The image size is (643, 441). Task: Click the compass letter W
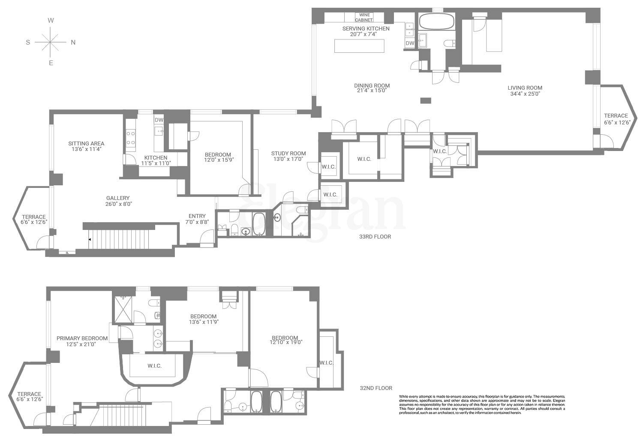[x=51, y=21]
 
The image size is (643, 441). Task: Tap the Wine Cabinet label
[x=364, y=18]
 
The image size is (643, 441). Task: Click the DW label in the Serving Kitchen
[x=410, y=43]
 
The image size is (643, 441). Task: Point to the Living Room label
[x=526, y=88]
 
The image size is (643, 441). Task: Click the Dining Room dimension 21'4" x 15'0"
[x=372, y=91]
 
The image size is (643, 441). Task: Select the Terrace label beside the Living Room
[x=616, y=116]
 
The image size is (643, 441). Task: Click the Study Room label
[x=288, y=154]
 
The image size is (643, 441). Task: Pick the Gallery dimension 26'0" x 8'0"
[x=118, y=204]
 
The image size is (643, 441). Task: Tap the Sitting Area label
[x=86, y=144]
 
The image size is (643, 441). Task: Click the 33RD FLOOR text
[x=375, y=236]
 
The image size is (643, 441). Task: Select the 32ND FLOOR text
[x=376, y=388]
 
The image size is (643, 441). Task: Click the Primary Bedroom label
[x=76, y=338]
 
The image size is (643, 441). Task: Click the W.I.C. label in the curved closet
[x=154, y=366]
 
